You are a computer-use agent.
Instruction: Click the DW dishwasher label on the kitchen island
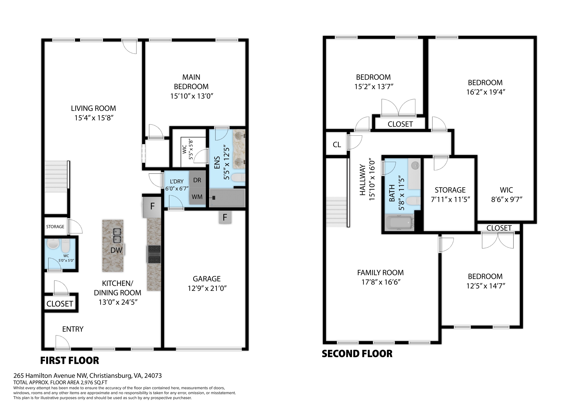[116, 250]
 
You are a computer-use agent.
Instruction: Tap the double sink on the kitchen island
[116, 235]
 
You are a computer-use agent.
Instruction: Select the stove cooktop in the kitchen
[154, 254]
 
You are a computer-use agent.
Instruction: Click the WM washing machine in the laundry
[197, 197]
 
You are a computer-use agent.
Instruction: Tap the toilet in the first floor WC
[65, 246]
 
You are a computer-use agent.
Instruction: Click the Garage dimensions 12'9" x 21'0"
[207, 288]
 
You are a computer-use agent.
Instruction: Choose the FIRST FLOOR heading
[70, 361]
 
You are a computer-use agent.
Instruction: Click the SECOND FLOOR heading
[357, 354]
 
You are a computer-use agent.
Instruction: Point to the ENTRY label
[73, 329]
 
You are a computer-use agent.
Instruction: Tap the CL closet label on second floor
[337, 145]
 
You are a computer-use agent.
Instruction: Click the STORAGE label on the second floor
[450, 190]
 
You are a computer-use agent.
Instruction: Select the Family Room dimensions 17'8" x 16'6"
[381, 282]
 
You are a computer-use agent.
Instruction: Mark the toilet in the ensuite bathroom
[238, 178]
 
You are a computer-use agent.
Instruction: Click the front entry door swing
[62, 342]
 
